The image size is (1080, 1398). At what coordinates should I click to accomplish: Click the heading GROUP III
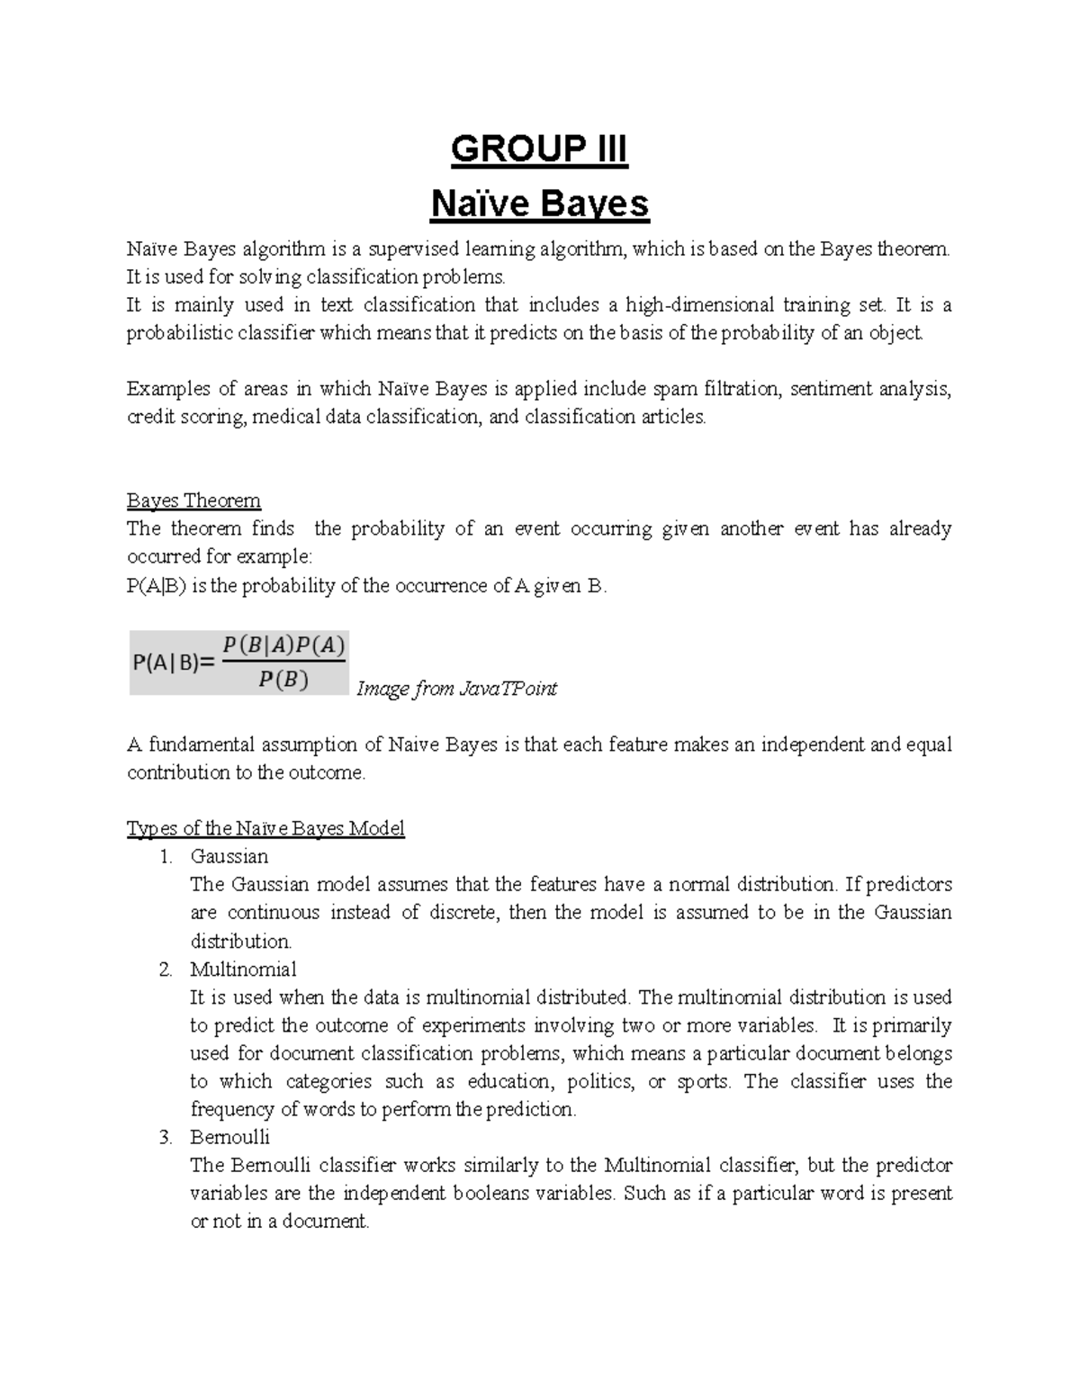click(x=538, y=149)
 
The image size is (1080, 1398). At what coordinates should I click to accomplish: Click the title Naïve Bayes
click(x=539, y=204)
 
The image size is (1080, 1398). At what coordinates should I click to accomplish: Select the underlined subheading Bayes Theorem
click(x=193, y=501)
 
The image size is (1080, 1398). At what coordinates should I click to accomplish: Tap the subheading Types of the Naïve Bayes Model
click(x=265, y=828)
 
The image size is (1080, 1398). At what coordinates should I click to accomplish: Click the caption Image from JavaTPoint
click(x=457, y=690)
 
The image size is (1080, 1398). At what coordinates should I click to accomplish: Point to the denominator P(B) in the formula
click(x=283, y=681)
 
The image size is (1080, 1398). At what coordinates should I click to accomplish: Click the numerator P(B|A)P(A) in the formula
click(x=283, y=645)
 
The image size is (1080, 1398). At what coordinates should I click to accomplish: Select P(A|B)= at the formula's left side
click(x=174, y=663)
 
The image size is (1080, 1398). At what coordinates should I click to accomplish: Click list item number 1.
click(x=166, y=857)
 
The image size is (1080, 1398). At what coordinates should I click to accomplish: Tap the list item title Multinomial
click(x=243, y=970)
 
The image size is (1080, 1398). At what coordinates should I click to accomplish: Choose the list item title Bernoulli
click(x=229, y=1137)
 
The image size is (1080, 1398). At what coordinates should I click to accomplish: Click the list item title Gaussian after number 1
click(x=229, y=857)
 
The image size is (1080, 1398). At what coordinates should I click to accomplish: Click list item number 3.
click(x=166, y=1137)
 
